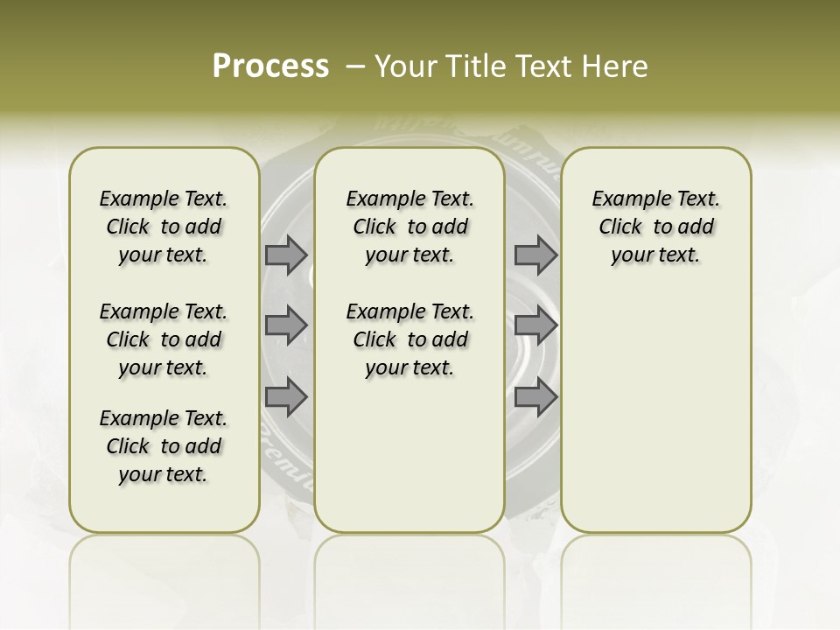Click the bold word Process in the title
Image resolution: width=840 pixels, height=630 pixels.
tap(270, 66)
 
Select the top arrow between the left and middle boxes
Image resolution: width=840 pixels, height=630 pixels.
tap(286, 255)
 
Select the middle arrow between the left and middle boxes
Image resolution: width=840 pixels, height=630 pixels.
tap(286, 325)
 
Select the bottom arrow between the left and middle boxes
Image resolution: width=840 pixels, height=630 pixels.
tap(286, 398)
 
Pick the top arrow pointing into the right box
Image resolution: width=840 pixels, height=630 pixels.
tap(535, 255)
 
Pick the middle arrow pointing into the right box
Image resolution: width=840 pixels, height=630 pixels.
tap(535, 325)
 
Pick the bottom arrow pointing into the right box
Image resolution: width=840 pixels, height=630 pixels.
tap(535, 398)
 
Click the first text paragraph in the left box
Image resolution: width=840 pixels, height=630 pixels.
tap(164, 227)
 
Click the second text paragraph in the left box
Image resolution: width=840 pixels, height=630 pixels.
tap(164, 339)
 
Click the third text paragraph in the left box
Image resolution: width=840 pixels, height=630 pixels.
tap(164, 446)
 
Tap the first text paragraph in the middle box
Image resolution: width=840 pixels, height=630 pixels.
tap(409, 227)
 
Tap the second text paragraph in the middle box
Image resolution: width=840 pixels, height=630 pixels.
tap(409, 339)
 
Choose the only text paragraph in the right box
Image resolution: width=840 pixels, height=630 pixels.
tap(655, 227)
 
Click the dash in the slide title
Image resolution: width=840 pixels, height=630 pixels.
tap(355, 66)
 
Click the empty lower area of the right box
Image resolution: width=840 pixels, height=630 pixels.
tap(655, 411)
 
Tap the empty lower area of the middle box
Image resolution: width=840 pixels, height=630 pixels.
tap(409, 455)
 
